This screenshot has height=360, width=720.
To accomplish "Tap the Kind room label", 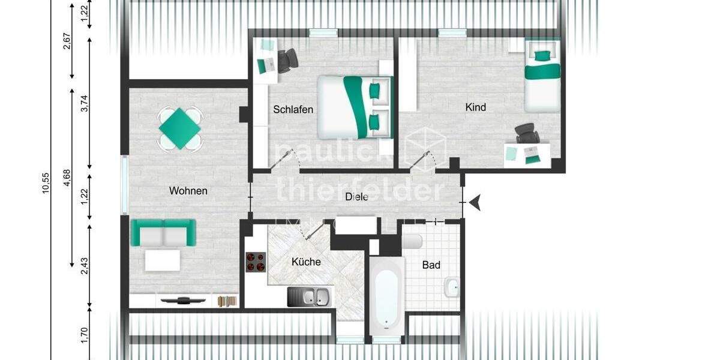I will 475,108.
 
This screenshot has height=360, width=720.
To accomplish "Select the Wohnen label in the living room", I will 188,191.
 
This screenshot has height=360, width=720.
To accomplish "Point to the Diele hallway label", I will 356,197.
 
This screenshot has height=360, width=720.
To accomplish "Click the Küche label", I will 306,262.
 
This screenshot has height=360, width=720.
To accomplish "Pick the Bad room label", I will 431,265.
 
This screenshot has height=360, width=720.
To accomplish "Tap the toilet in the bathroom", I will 413,241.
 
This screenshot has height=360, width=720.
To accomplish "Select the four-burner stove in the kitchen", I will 256,262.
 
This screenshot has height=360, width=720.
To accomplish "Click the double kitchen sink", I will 308,296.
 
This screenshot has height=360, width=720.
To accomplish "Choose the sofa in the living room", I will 163,233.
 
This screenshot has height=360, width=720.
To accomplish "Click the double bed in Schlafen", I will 354,107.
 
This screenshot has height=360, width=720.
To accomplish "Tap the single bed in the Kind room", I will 542,74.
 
